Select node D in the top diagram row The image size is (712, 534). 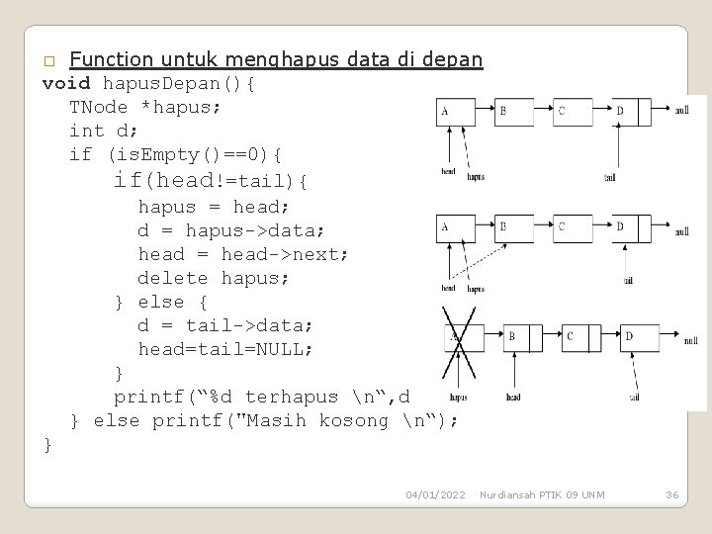[627, 112]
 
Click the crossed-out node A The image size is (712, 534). [463, 337]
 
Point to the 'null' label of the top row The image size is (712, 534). [682, 112]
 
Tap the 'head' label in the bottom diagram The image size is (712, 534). [512, 398]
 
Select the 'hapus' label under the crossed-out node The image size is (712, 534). [458, 398]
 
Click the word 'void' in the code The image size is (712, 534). [66, 84]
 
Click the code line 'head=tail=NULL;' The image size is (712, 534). [224, 349]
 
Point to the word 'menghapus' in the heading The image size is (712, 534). [293, 60]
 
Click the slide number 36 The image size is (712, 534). [671, 493]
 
